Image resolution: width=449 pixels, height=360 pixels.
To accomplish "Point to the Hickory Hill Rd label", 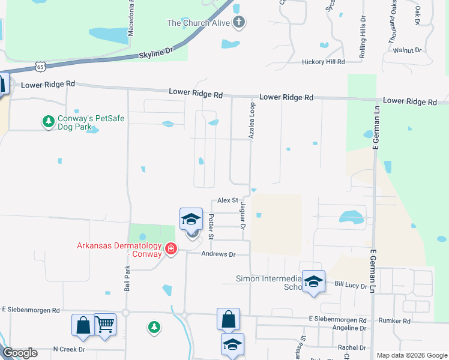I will point(323,62).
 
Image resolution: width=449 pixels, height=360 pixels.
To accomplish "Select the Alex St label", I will point(228,200).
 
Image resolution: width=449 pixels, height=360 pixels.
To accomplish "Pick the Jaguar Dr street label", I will point(243,216).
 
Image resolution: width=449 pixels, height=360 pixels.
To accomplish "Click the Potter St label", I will point(211,229).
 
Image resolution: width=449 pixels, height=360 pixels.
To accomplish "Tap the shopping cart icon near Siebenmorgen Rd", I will point(105,325).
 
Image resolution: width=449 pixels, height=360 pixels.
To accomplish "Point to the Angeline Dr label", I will point(349,328).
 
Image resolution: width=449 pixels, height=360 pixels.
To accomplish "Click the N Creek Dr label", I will point(69,349).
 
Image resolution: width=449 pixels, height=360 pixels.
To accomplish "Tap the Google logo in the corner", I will point(20,353).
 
